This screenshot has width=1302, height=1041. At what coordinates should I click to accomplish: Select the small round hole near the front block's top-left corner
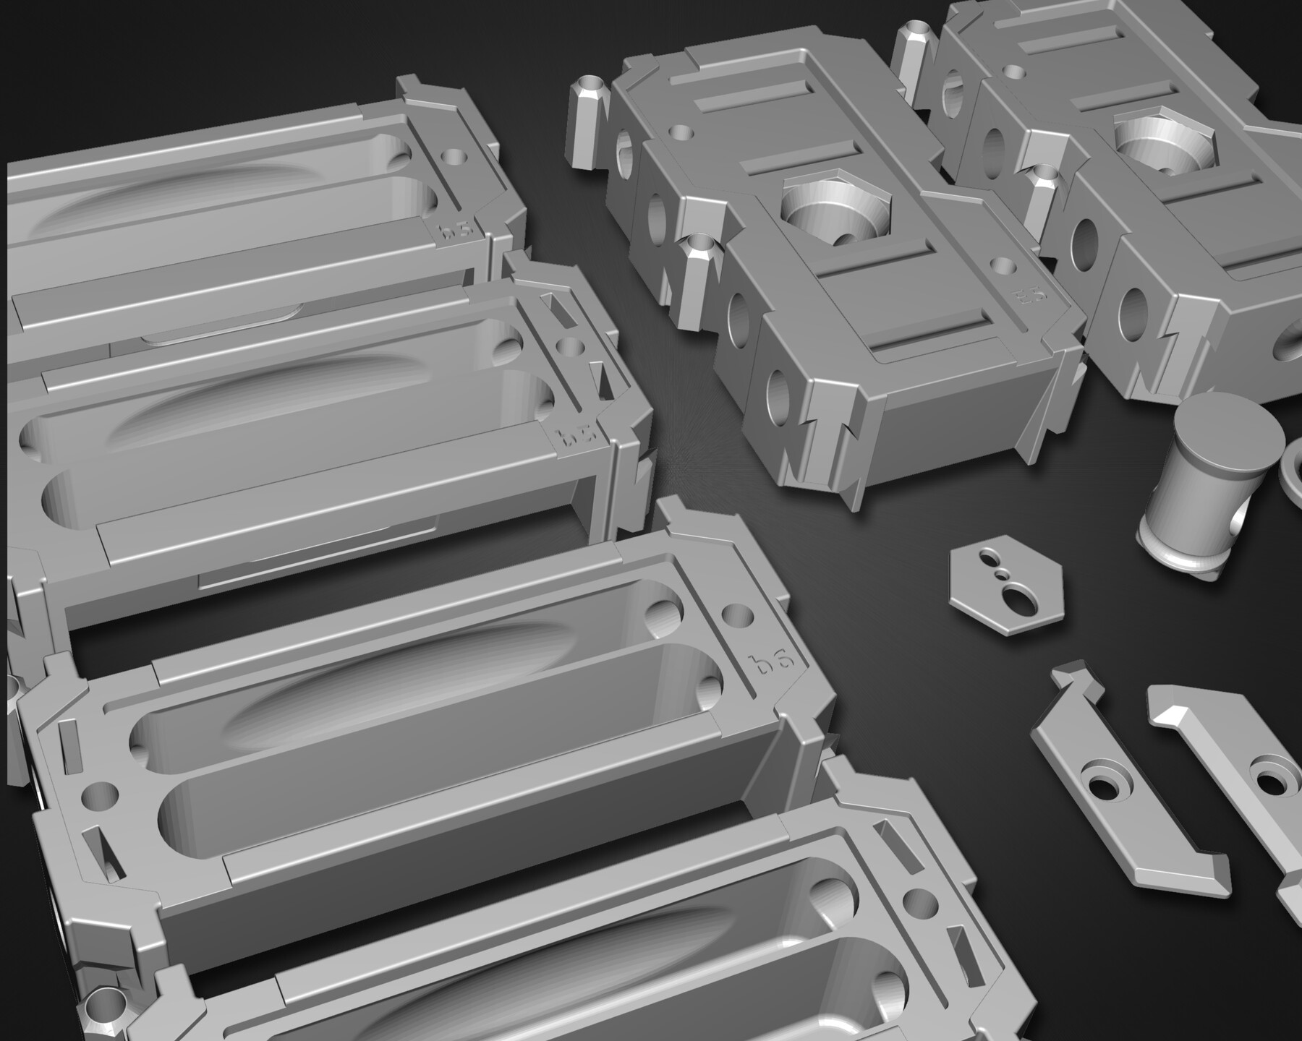click(x=681, y=132)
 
